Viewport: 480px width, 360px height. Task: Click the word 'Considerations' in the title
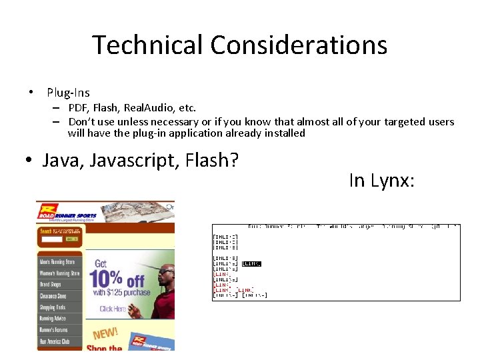tap(299, 45)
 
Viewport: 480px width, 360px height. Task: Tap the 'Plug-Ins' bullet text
tap(68, 93)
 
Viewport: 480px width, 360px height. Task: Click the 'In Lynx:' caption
tap(381, 180)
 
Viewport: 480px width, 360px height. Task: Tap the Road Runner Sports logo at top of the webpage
tap(67, 212)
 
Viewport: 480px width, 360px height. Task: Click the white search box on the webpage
tap(51, 239)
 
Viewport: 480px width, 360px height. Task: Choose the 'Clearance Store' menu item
tap(53, 296)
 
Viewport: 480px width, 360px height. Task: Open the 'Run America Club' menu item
tap(54, 341)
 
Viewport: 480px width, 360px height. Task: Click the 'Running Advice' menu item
tap(53, 319)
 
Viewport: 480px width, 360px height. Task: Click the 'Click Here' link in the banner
tap(113, 309)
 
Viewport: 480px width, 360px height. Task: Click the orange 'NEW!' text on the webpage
tap(105, 333)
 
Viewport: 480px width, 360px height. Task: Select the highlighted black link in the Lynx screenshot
tap(251, 264)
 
